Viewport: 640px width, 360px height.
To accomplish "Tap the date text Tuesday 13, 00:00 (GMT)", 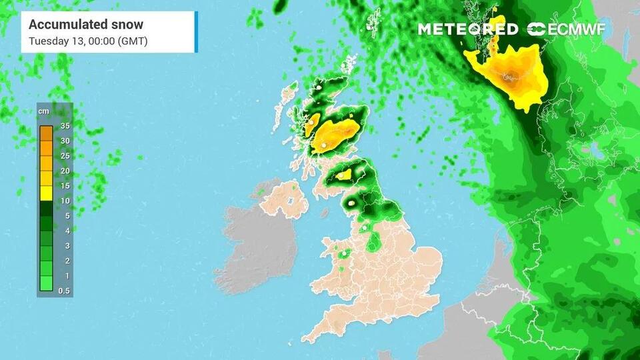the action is tap(88, 41).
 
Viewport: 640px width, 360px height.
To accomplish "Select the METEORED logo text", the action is tap(467, 29).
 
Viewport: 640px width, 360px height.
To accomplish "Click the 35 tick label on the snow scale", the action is tap(65, 125).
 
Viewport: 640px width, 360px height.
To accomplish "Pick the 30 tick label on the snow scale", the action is tap(65, 141).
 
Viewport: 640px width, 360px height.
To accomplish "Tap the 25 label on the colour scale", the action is tap(65, 156).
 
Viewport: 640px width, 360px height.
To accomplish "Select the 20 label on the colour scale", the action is tap(65, 171).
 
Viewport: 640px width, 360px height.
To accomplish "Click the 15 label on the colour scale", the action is tap(65, 186).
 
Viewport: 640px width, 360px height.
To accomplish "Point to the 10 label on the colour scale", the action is tap(65, 201).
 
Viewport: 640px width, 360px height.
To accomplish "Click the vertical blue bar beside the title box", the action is tap(196, 32).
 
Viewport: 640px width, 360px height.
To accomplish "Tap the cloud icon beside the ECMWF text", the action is tap(536, 29).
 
